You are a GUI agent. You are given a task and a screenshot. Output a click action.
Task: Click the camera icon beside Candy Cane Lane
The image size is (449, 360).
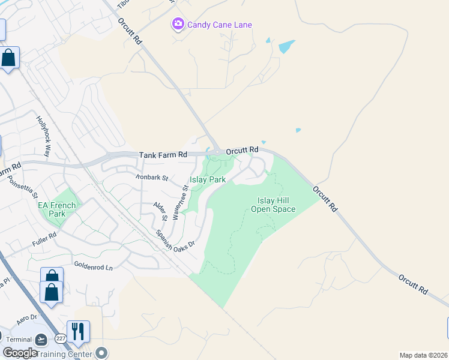[178, 25]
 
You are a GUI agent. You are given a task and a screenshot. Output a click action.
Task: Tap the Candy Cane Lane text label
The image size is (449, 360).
[220, 25]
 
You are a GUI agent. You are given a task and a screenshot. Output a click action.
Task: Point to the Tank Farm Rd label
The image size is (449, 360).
[163, 155]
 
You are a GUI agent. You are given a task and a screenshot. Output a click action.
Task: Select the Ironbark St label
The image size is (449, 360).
[151, 178]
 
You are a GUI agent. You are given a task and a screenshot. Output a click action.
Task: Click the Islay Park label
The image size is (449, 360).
[208, 179]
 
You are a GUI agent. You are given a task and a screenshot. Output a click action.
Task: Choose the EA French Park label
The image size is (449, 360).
[57, 209]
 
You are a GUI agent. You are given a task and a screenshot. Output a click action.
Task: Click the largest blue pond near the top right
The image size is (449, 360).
[286, 46]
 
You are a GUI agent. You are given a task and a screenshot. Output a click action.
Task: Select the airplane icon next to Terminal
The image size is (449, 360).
[41, 340]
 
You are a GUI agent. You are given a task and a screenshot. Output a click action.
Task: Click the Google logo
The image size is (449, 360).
[20, 353]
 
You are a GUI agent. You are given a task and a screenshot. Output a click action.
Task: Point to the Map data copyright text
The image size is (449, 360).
[424, 355]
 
